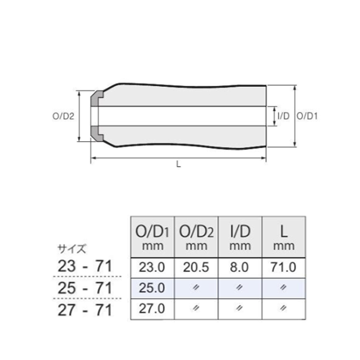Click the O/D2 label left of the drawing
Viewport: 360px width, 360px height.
pos(64,116)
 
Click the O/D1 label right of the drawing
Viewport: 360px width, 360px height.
pos(308,116)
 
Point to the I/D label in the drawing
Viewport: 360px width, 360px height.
pos(283,116)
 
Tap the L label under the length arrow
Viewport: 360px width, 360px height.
pos(178,165)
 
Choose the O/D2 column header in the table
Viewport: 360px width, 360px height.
pos(196,237)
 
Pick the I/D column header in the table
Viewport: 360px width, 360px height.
pos(240,237)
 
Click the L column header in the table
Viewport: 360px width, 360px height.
pos(284,237)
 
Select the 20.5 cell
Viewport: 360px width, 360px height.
pos(196,267)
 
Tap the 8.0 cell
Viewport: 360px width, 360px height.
pos(240,267)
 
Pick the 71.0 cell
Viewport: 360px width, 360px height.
pos(284,267)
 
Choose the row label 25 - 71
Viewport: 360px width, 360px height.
pos(84,289)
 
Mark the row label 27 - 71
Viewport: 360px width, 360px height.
pos(84,310)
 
